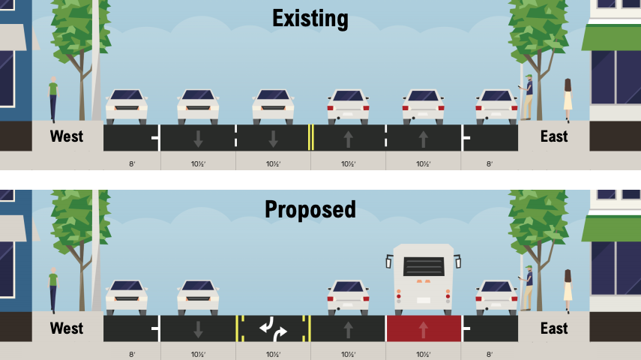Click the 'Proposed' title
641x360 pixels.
click(310, 208)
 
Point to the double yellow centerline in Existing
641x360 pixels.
click(310, 137)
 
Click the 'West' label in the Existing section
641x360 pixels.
click(67, 136)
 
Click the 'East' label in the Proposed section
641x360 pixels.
click(554, 328)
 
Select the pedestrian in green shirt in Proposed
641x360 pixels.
click(53, 289)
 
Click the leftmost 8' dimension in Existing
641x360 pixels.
click(132, 163)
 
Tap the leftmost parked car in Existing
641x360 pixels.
click(126, 107)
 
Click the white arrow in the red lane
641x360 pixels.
click(423, 328)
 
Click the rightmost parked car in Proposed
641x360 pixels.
click(496, 298)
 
